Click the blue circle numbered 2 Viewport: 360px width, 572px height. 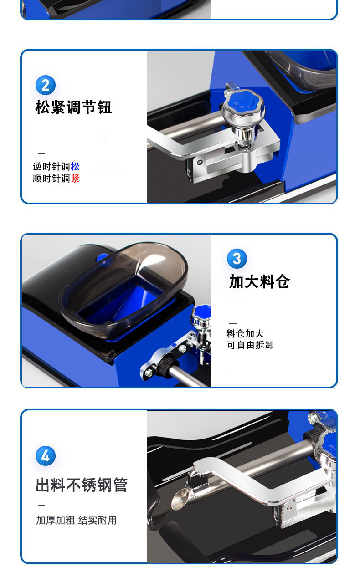46,85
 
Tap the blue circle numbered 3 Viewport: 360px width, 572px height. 237,258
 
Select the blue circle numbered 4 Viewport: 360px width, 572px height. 46,456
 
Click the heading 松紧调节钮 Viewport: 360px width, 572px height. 73,107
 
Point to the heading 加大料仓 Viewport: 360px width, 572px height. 259,281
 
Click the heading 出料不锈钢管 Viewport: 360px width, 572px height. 82,485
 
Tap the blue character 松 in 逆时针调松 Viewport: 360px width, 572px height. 75,167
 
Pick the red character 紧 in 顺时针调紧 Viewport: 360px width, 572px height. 75,178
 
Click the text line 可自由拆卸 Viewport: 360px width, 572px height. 250,345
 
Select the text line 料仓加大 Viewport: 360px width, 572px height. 245,333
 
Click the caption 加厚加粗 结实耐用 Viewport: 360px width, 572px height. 77,520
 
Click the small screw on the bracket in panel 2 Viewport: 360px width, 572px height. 200,162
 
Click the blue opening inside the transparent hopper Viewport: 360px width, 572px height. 123,304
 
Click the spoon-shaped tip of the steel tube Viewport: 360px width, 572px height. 180,499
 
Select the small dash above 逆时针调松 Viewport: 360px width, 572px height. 41,154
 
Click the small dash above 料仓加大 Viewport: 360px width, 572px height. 233,323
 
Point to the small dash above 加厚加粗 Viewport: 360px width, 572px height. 41,505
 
